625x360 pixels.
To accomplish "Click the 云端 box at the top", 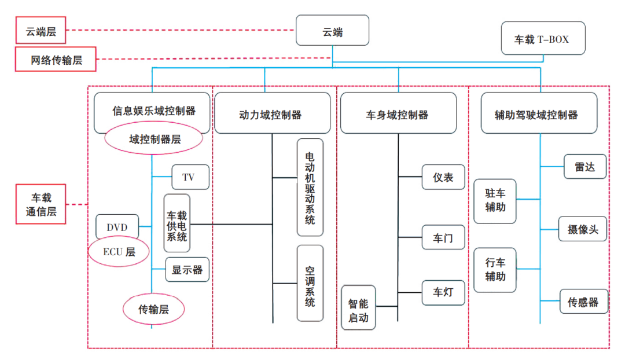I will pos(332,31).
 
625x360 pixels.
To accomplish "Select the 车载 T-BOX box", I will pos(542,39).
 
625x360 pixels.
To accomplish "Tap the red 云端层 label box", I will pos(41,31).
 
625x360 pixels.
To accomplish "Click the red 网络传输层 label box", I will pos(56,60).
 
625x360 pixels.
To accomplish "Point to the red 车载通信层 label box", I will pos(41,204).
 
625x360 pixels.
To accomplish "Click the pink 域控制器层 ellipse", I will pos(153,139).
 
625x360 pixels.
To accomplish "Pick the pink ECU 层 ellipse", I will pos(119,252).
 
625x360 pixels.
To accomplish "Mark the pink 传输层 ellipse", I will pos(153,310).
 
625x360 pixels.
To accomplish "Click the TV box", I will pos(190,177).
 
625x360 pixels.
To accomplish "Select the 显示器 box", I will pos(187,270).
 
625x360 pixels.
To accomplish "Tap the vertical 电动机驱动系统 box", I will pos(310,187).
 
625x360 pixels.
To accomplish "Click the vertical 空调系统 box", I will pos(310,283).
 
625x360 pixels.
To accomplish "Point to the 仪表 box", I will pos(443,177).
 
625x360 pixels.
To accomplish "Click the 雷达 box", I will pos(585,167).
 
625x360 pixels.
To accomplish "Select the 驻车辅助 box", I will pos(495,200).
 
